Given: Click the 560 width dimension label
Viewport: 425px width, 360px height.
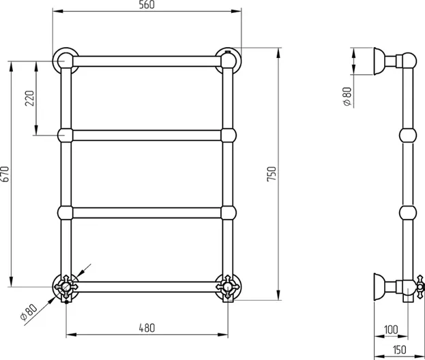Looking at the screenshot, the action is (147, 5).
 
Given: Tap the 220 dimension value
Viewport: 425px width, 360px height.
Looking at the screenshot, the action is (30, 98).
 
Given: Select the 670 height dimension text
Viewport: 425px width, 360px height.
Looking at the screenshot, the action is (5, 174).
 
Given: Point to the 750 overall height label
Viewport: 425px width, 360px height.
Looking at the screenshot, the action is (272, 174).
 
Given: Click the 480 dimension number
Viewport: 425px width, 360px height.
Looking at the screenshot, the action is (147, 328).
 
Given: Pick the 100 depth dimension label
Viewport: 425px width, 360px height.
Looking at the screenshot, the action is (391, 330).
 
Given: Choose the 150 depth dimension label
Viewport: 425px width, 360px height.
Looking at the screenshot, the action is (399, 350).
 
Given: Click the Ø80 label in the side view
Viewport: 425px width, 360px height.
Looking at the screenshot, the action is (347, 96).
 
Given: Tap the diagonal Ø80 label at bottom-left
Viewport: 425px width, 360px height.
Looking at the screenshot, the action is (29, 312).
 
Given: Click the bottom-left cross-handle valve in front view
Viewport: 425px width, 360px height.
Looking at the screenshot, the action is (66, 286).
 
